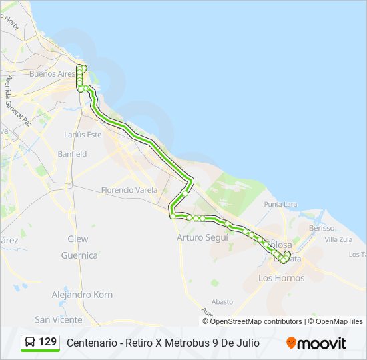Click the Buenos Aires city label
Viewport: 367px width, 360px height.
pyautogui.click(x=51, y=74)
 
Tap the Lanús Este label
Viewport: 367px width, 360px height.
pyautogui.click(x=83, y=135)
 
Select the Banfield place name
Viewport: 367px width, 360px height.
pyautogui.click(x=72, y=154)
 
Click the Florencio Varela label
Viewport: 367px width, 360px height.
pyautogui.click(x=129, y=190)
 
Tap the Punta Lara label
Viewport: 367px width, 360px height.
pyautogui.click(x=280, y=204)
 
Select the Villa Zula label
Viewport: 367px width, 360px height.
pyautogui.click(x=338, y=239)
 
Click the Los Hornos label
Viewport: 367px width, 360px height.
pyautogui.click(x=281, y=278)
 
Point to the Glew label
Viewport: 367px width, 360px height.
pyautogui.click(x=78, y=239)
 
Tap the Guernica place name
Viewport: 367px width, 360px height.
pyautogui.click(x=79, y=255)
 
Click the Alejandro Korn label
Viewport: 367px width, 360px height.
pyautogui.click(x=82, y=295)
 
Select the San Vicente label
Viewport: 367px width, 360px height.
pyautogui.click(x=59, y=319)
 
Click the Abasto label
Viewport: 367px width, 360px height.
pyautogui.click(x=222, y=301)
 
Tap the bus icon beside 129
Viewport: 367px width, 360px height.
pyautogui.click(x=30, y=342)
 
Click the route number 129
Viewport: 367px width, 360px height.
pyautogui.click(x=48, y=342)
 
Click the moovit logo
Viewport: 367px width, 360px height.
pyautogui.click(x=316, y=343)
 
